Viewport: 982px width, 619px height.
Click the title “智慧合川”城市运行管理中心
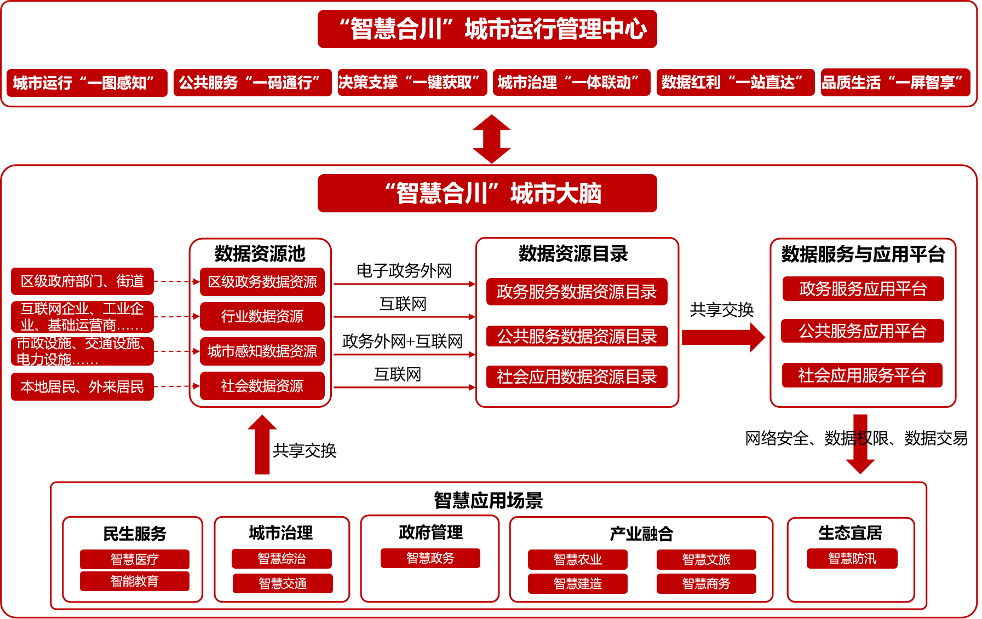coord(487,29)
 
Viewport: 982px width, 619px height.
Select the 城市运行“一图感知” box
coord(87,83)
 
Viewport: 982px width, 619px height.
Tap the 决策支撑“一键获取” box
coord(412,83)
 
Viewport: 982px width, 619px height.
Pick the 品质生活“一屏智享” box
coord(895,83)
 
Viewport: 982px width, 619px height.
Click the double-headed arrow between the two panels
coord(492,139)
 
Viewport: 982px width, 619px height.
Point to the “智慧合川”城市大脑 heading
coord(487,193)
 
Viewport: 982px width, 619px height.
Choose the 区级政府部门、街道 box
coord(82,281)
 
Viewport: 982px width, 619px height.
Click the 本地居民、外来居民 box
coord(82,387)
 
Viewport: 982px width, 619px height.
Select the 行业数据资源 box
coord(262,316)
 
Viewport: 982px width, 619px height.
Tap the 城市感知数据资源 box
coord(262,351)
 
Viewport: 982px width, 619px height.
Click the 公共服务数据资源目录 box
coord(577,336)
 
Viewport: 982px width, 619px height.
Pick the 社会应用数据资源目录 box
coord(577,377)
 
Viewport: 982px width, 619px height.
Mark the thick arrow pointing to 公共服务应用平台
coord(723,337)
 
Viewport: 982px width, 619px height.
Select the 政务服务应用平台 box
coord(863,288)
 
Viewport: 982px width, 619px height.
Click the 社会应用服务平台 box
coord(862,375)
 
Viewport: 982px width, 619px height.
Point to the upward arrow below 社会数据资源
coord(262,444)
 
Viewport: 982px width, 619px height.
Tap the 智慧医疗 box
coord(134,559)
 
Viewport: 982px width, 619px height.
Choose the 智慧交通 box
coord(283,583)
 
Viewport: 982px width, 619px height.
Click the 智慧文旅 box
coord(706,559)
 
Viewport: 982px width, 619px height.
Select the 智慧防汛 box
coord(852,558)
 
